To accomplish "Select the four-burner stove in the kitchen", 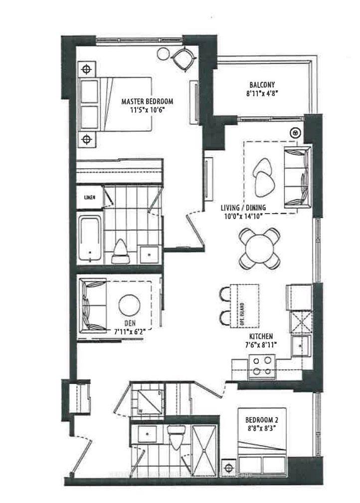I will point(261,365).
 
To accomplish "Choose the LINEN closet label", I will point(90,198).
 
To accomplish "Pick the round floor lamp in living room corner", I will point(296,132).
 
